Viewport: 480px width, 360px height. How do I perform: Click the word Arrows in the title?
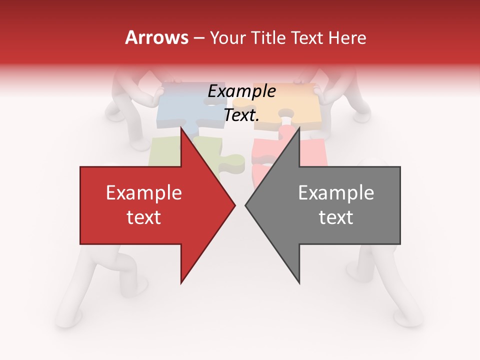tap(157, 37)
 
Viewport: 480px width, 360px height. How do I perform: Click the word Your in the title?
tap(227, 38)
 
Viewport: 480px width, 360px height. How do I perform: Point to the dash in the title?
tap(198, 38)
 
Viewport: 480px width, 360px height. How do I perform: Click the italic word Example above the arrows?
tap(241, 91)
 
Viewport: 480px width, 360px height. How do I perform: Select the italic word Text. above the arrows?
tap(241, 115)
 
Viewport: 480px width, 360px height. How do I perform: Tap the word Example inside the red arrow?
tap(144, 193)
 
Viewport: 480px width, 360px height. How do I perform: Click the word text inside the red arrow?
tap(144, 217)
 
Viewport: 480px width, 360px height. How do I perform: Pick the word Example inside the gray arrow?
tap(336, 193)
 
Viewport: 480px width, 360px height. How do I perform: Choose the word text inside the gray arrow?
tap(336, 217)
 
